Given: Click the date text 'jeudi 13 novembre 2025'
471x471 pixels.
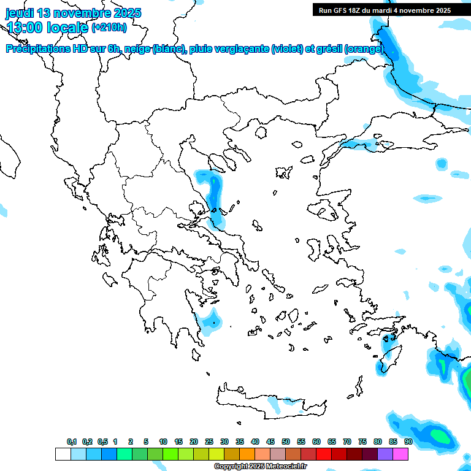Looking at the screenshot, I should pyautogui.click(x=73, y=13).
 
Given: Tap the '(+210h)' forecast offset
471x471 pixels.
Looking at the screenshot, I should pyautogui.click(x=109, y=28).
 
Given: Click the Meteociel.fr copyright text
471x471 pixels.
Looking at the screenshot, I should pyautogui.click(x=260, y=467).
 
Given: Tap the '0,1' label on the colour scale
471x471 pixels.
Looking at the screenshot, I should pyautogui.click(x=71, y=442).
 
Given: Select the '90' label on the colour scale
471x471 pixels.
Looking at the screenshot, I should pyautogui.click(x=408, y=442).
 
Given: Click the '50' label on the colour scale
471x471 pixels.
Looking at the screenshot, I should pyautogui.click(x=286, y=442).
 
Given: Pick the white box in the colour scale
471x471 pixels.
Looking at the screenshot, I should pyautogui.click(x=63, y=454).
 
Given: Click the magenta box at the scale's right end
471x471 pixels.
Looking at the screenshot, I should pyautogui.click(x=400, y=454).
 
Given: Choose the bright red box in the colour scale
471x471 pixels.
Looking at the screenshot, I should pyautogui.click(x=323, y=454).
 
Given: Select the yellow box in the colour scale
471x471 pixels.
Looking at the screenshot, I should pyautogui.click(x=216, y=454).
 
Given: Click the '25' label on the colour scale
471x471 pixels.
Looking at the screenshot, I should pyautogui.click(x=209, y=442).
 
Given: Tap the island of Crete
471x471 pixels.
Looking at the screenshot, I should pyautogui.click(x=270, y=402).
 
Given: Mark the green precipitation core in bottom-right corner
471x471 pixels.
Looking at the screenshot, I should pyautogui.click(x=439, y=435).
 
